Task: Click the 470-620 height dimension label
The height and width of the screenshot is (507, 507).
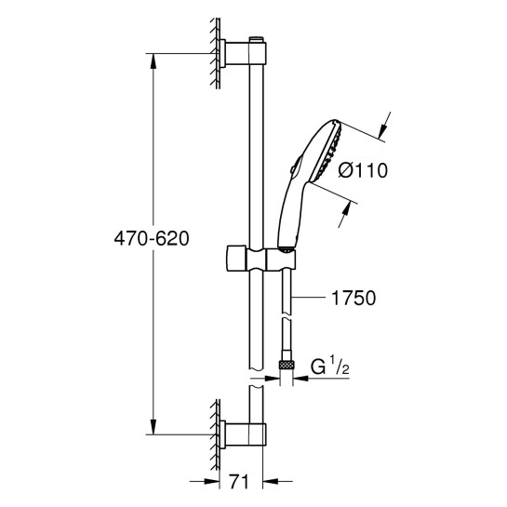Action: point(149,239)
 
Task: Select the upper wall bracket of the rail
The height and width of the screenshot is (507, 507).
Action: point(238,55)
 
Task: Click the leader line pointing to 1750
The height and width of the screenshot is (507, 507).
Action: point(312,299)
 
